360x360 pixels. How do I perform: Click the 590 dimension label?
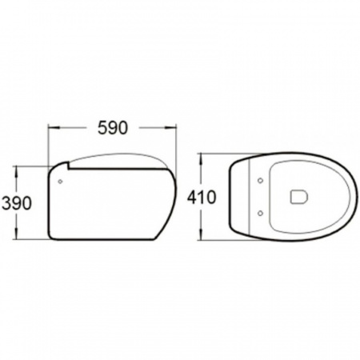click(x=113, y=128)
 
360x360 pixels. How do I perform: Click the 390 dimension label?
click(x=16, y=203)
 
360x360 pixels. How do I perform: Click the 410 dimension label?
click(x=202, y=198)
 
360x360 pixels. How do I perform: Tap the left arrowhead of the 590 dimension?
click(x=53, y=128)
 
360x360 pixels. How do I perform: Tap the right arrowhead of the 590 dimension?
click(x=171, y=128)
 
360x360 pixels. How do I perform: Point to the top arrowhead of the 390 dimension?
click(x=17, y=171)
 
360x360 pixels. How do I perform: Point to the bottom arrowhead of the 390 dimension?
click(x=17, y=234)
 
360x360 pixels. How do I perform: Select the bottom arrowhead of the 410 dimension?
click(x=202, y=234)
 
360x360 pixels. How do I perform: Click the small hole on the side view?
click(x=60, y=182)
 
